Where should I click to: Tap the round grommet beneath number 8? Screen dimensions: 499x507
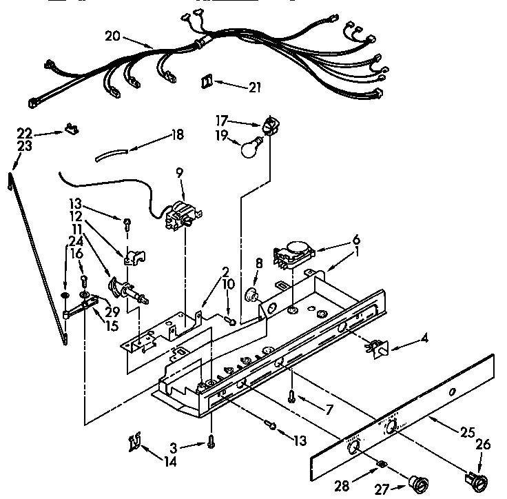[x=254, y=297]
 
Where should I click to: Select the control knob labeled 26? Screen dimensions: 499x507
[x=473, y=476]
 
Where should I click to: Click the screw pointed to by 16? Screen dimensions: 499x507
[x=84, y=280]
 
